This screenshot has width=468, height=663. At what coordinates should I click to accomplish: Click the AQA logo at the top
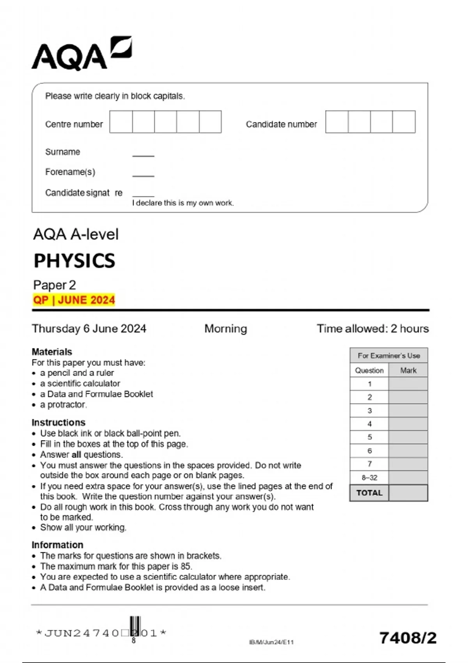pos(82,54)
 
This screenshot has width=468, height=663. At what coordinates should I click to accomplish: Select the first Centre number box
pos(121,122)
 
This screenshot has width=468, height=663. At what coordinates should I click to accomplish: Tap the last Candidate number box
pos(404,122)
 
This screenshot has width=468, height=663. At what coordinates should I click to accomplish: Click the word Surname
pos(62,152)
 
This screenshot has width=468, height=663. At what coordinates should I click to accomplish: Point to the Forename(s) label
pos(70,172)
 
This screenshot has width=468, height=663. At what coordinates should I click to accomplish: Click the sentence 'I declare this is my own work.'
pos(183,203)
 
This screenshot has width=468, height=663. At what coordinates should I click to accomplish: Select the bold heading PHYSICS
pos(74,261)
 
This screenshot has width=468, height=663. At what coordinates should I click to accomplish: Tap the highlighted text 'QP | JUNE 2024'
pos(74,300)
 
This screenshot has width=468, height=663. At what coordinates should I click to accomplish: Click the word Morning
pos(225,328)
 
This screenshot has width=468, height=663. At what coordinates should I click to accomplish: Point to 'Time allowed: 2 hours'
pos(372,328)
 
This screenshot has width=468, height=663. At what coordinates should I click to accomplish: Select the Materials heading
pos(52,351)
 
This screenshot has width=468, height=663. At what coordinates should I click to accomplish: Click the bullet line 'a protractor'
pos(63,404)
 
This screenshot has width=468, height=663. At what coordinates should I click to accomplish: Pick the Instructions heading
pos(58,422)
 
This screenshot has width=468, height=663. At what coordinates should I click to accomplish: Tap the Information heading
pos(57,544)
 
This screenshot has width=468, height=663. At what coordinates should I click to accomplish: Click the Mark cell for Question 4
pos(408,424)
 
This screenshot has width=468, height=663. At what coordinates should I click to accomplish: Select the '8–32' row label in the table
pos(369,477)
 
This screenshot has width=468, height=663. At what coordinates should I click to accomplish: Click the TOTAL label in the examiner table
pos(369,493)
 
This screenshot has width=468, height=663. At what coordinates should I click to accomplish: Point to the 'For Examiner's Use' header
pos(389,355)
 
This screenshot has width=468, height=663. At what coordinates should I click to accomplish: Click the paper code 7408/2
pos(408,638)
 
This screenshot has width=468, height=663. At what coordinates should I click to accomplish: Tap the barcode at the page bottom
pos(135,626)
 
